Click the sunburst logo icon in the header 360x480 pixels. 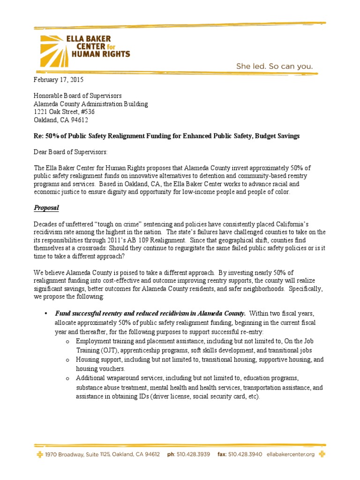click(x=53, y=45)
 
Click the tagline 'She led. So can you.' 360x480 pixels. click(x=274, y=66)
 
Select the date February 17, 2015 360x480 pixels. click(x=58, y=80)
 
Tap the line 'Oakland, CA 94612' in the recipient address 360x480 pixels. click(x=60, y=120)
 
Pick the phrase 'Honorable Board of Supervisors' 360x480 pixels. click(x=78, y=96)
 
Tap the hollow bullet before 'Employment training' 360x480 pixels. click(x=68, y=341)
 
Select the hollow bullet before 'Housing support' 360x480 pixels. click(x=68, y=360)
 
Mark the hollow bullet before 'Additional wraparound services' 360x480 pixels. click(x=68, y=378)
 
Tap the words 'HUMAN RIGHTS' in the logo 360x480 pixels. click(x=100, y=54)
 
